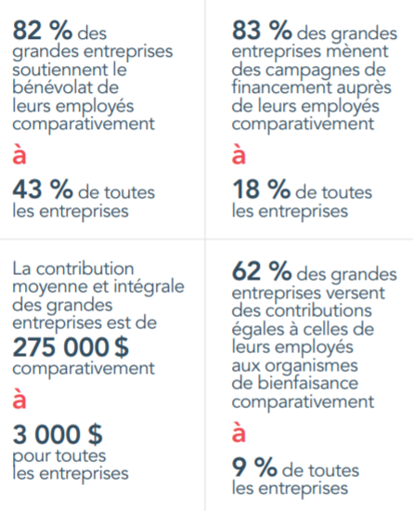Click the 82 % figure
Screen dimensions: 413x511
(43, 30)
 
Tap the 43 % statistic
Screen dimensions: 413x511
(43, 189)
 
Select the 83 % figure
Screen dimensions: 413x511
(262, 30)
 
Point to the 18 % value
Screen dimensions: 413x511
(261, 189)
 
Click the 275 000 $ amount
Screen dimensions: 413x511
(71, 347)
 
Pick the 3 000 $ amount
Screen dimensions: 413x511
(58, 435)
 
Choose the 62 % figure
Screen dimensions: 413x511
(262, 270)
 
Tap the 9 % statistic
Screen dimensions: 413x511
(254, 467)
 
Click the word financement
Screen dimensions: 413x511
(281, 87)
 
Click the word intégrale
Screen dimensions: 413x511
(148, 286)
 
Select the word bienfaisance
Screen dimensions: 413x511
(308, 383)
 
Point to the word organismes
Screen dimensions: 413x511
(311, 366)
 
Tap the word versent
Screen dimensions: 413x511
(355, 293)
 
